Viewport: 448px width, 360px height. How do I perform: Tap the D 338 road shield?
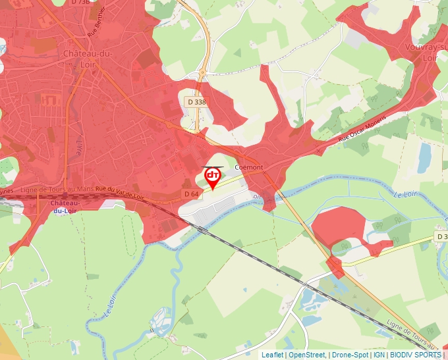(x=196, y=102)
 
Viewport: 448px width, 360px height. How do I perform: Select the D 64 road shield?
(x=191, y=193)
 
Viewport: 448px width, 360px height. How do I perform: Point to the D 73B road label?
(x=79, y=3)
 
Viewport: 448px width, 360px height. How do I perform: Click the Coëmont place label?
(x=249, y=167)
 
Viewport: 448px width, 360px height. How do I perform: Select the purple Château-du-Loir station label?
(x=66, y=207)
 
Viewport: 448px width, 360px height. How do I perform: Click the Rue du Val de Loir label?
(x=119, y=193)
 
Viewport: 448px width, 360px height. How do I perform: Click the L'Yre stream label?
(x=80, y=145)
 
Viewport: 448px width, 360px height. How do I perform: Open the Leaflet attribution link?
(x=272, y=355)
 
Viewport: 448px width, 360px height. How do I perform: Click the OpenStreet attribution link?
(x=307, y=355)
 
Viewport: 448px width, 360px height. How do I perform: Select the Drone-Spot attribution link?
(x=350, y=355)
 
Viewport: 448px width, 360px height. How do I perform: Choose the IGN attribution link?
(x=379, y=355)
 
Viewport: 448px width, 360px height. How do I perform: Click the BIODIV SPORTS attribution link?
(x=415, y=355)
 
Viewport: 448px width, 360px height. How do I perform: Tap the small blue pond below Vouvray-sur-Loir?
(x=424, y=158)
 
